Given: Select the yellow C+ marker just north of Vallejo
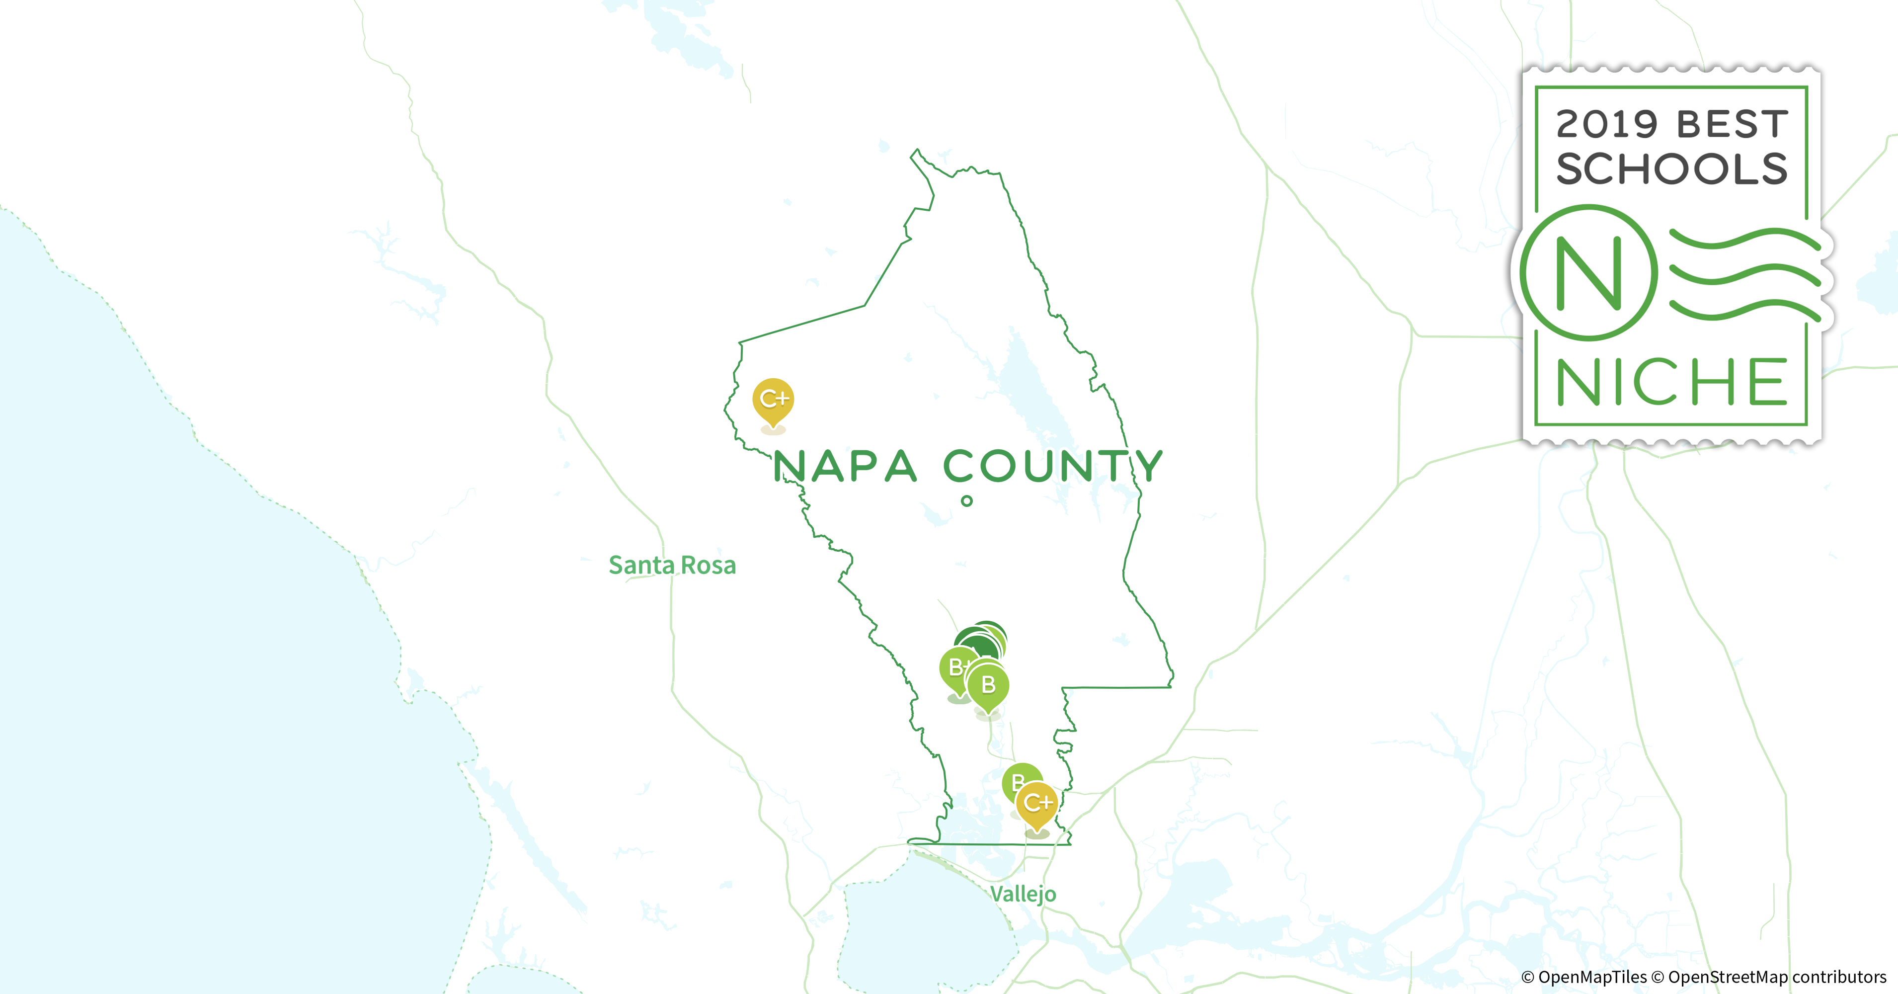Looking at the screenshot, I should coord(1036,803).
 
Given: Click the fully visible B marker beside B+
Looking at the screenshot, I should coord(988,685).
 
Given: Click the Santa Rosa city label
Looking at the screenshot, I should coord(672,565).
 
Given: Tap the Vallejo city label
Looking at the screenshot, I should coord(1023,894).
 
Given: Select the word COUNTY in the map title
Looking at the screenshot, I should coord(1053,466).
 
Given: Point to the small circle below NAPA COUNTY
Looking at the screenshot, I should coord(967,501).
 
